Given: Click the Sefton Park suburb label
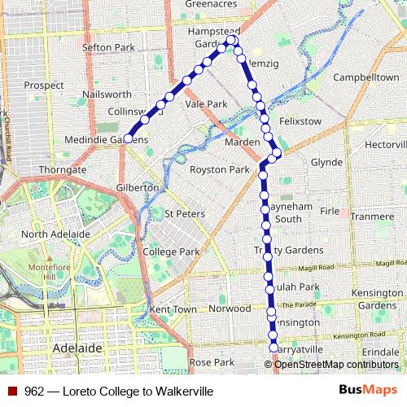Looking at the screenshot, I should tap(108, 48).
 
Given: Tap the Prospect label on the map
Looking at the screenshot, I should tap(44, 85).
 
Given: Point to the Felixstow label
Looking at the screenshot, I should tap(301, 120).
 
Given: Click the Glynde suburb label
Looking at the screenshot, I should tap(326, 162).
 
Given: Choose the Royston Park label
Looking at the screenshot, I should tap(219, 170).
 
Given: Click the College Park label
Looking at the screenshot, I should tap(171, 252).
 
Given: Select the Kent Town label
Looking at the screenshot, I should tap(173, 310).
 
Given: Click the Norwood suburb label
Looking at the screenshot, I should tap(230, 309).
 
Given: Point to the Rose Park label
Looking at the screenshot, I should tap(211, 361).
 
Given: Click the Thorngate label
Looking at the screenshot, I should tap(63, 170).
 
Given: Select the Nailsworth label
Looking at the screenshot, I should tap(107, 94).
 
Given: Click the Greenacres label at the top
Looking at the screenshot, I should tap(210, 4).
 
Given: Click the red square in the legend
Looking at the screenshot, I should tap(12, 392).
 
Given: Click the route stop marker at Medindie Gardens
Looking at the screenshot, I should tap(128, 139).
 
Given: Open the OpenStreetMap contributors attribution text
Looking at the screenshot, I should tap(335, 364).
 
